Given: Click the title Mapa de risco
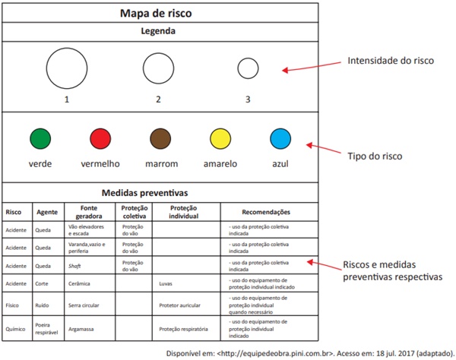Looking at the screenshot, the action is click(161, 13).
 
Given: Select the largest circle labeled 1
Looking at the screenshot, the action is click(67, 68).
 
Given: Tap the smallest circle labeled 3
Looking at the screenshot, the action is click(248, 68).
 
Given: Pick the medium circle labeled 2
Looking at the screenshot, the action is click(158, 68).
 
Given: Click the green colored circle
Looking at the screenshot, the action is click(40, 139).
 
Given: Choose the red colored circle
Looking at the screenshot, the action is click(100, 139).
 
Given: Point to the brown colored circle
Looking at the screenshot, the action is click(161, 139).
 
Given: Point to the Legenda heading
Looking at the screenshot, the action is click(161, 32).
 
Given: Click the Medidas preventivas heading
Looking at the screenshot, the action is click(161, 193).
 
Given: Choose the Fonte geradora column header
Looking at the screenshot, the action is click(90, 212).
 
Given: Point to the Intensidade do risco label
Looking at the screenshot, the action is click(391, 60).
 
